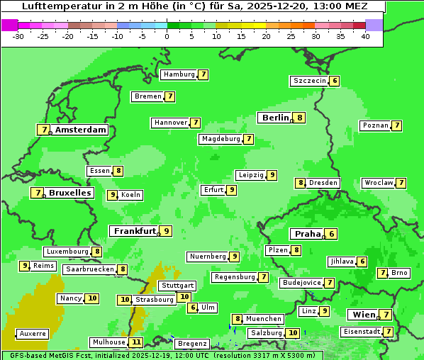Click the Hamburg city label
click(179, 74)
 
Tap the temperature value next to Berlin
click(300, 118)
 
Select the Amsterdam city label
click(81, 130)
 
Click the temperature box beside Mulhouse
click(136, 342)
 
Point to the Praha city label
click(308, 234)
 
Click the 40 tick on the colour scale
click(365, 36)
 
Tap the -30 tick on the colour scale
click(18, 36)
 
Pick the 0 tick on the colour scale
click(167, 36)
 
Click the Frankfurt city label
click(134, 231)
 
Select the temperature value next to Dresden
click(301, 183)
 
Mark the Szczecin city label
click(310, 81)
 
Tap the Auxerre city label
click(33, 333)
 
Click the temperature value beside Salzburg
click(293, 333)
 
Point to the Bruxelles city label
click(69, 193)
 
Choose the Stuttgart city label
click(177, 285)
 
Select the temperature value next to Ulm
click(193, 308)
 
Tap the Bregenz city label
click(191, 344)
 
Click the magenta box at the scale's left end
click(10, 25)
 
